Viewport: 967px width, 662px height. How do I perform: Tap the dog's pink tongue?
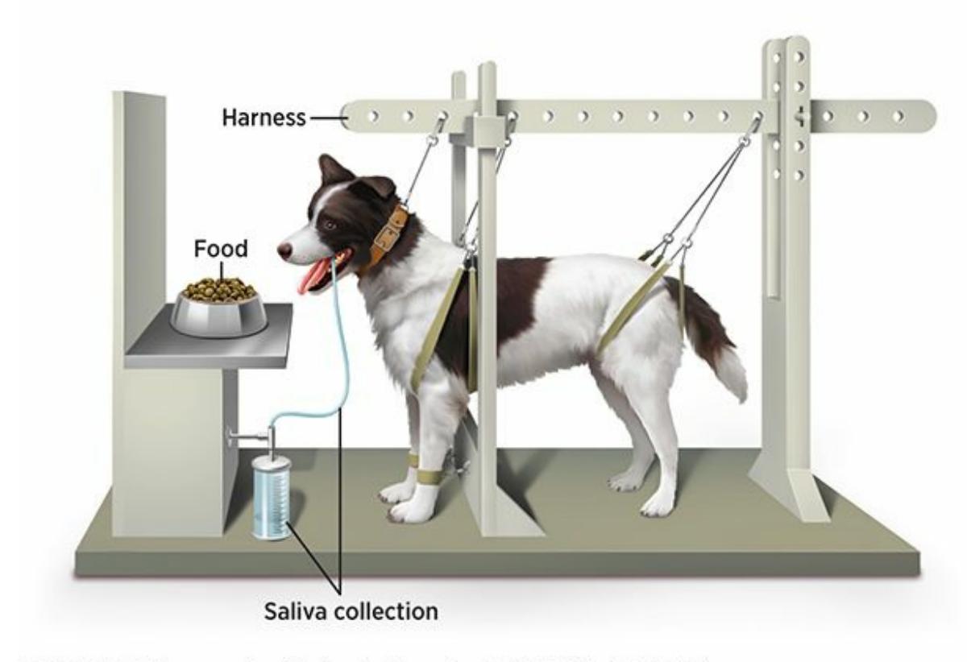(312, 278)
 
